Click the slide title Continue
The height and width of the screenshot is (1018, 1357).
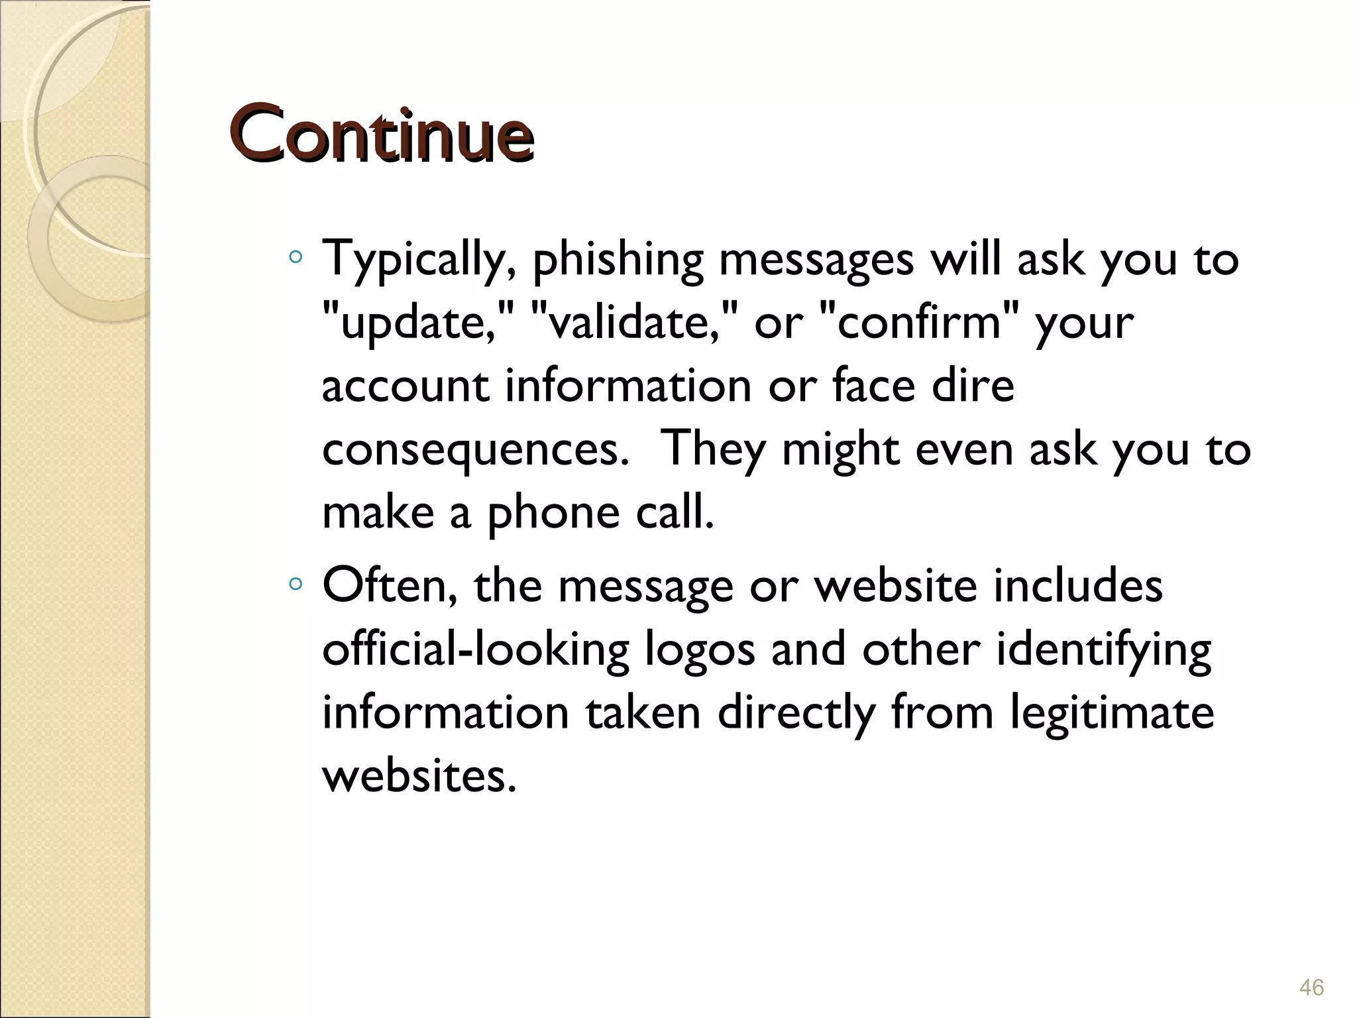coord(383,135)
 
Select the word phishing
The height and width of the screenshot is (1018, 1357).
coord(618,260)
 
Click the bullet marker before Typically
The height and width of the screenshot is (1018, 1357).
coord(296,256)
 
